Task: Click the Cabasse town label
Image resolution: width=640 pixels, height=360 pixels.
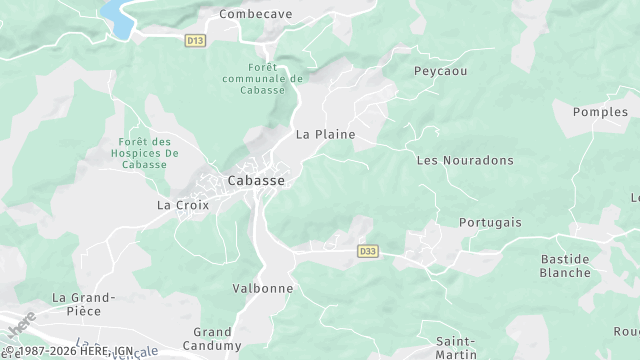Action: coord(256,181)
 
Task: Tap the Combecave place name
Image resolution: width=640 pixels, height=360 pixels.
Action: coord(257,15)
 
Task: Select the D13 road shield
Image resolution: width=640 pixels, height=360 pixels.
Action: coord(195,40)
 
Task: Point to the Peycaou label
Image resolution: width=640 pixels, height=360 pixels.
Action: coord(440,72)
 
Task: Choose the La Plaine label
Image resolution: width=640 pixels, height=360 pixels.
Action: coord(325,134)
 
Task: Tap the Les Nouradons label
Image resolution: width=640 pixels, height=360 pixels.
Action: coord(464,160)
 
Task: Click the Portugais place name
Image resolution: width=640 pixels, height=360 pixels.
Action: coord(490,222)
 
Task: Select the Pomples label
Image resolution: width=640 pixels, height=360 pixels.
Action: coord(600,112)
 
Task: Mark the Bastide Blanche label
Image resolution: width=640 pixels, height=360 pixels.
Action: coord(565,265)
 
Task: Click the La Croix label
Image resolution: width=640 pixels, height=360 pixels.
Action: coord(180,204)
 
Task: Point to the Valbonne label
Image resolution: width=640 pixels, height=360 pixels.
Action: coord(262,288)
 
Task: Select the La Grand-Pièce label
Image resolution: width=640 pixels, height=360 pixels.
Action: coord(84,304)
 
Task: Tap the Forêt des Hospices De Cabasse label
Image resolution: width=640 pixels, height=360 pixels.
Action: coord(147,153)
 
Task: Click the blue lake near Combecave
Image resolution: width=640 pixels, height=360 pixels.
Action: coord(118,17)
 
